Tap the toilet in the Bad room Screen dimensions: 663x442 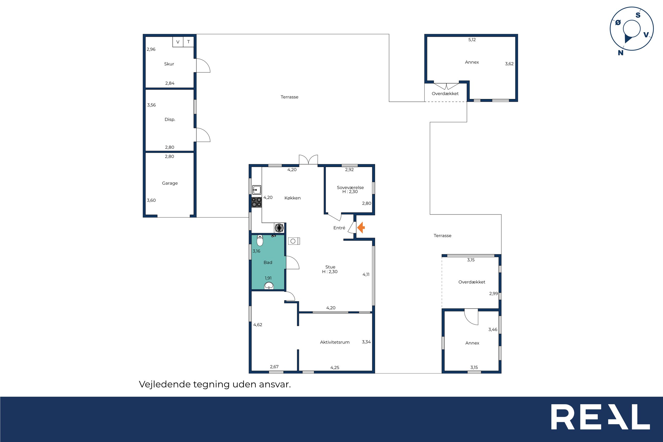point(260,241)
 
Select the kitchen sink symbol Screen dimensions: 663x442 point(257,190)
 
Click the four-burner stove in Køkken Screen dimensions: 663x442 point(257,203)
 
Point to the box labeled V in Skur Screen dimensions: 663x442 point(178,42)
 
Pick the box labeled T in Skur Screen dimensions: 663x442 point(188,42)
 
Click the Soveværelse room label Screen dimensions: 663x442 point(350,187)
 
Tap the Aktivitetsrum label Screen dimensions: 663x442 point(335,342)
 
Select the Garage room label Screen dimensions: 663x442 point(170,183)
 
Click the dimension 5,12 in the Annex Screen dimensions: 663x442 point(472,40)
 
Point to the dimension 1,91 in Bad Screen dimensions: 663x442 point(268,278)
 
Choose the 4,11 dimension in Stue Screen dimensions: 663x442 point(366,274)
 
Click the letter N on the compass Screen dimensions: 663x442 point(621,53)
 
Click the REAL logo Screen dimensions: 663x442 point(600,421)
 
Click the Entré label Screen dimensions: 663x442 point(339,228)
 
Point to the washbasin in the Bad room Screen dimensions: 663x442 point(269,286)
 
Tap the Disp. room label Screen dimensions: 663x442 point(170,120)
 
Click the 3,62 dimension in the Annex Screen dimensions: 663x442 point(509,64)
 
